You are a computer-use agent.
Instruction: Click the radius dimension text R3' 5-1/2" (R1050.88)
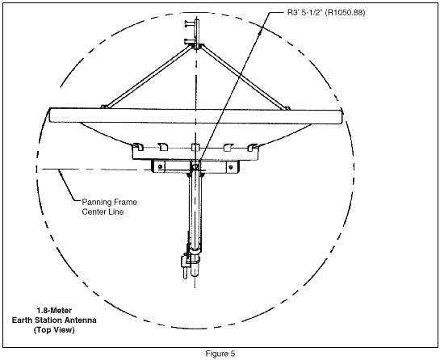(x=326, y=13)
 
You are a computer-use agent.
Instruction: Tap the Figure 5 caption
(x=220, y=354)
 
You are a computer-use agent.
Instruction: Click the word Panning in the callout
(x=97, y=203)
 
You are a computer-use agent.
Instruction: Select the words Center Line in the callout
(x=103, y=211)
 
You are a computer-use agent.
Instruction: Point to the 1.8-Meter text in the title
(x=54, y=311)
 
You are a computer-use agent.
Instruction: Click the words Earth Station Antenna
(x=54, y=320)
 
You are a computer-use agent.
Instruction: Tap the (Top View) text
(x=54, y=329)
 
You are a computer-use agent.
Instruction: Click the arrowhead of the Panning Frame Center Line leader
(x=60, y=171)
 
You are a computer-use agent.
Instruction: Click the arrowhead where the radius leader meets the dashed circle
(x=260, y=31)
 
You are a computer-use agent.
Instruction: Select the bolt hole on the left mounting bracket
(x=160, y=167)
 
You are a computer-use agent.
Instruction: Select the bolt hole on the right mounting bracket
(x=231, y=167)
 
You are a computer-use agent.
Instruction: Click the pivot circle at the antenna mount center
(x=196, y=166)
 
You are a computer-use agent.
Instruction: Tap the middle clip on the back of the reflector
(x=195, y=147)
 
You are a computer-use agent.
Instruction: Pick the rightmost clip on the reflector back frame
(x=254, y=147)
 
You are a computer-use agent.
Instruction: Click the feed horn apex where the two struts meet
(x=196, y=46)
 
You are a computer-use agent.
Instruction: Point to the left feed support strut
(x=149, y=77)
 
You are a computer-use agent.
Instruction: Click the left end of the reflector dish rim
(x=50, y=115)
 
